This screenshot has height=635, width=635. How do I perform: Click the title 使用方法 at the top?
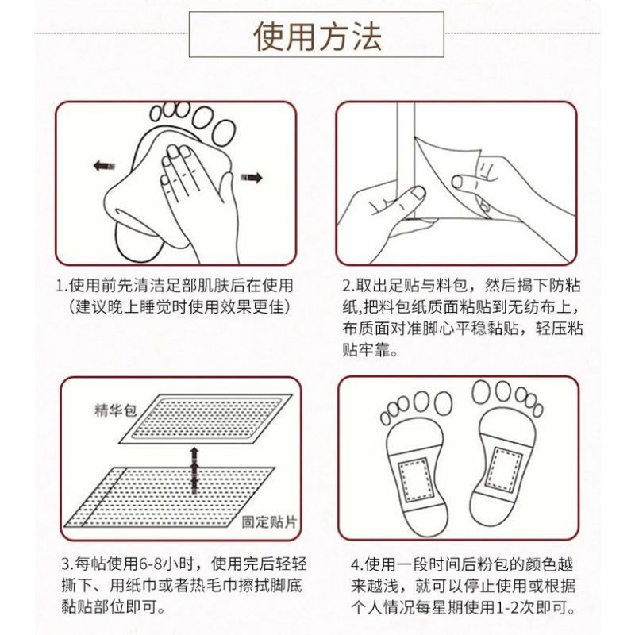[x=317, y=37]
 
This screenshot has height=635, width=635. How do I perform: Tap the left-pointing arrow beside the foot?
[x=104, y=166]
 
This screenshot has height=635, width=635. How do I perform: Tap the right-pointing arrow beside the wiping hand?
[x=252, y=177]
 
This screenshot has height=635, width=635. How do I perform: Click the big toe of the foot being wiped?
[x=223, y=133]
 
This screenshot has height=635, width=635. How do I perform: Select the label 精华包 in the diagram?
[x=114, y=410]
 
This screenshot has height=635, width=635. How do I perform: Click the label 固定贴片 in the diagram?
[x=269, y=521]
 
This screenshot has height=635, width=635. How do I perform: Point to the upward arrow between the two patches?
[x=194, y=470]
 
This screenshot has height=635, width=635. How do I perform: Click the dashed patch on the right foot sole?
[x=503, y=468]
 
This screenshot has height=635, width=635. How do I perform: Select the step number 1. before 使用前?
[x=62, y=286]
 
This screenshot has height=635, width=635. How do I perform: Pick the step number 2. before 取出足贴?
[x=348, y=286]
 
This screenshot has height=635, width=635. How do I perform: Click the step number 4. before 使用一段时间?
[x=356, y=564]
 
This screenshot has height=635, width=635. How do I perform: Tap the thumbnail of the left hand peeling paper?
[x=418, y=192]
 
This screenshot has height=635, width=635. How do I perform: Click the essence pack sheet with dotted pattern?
[x=206, y=419]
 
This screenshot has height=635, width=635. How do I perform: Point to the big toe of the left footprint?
[x=443, y=403]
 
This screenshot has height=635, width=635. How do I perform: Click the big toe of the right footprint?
[x=481, y=392]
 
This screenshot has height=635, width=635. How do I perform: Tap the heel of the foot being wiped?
[x=137, y=241]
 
